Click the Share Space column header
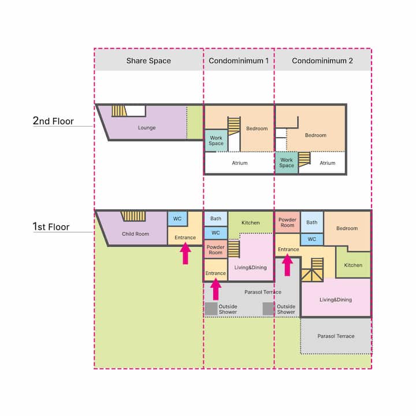coord(148,61)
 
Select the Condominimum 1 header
coord(239,61)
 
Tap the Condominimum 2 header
coord(322,61)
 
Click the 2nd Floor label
coord(53,121)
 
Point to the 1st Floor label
coord(51,227)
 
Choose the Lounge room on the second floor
coord(147,128)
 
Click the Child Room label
coord(135,234)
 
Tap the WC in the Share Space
coord(177,218)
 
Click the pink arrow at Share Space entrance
coord(185,254)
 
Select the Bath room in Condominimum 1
coord(216,218)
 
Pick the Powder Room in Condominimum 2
coord(287,222)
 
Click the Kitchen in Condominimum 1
coord(250,222)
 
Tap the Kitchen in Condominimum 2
coord(353,265)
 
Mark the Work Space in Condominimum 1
coord(216,140)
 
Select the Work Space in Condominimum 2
coord(287,162)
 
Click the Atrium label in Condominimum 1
coord(240,163)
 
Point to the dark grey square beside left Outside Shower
coord(211,309)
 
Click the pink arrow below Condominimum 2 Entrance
coord(287,265)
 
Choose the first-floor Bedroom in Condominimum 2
coord(347,228)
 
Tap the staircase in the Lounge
coord(119,111)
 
